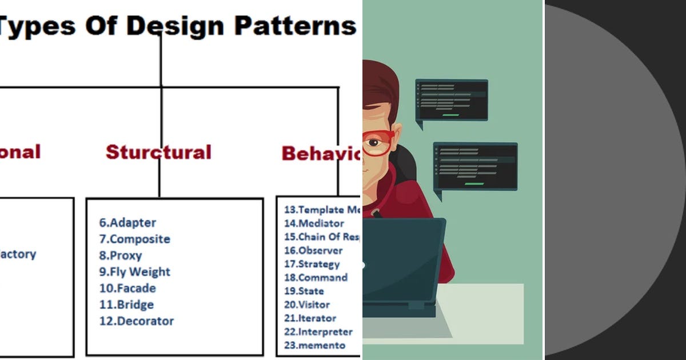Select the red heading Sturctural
(x=158, y=152)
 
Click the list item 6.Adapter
(x=127, y=223)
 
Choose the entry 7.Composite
(x=134, y=239)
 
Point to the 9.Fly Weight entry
(x=134, y=272)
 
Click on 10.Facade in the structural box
(x=127, y=288)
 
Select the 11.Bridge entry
(x=126, y=305)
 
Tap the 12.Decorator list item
(x=136, y=321)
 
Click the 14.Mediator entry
(x=314, y=223)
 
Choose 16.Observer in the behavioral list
(x=313, y=250)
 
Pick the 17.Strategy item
(x=312, y=264)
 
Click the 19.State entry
(x=304, y=291)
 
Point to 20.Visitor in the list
(x=306, y=305)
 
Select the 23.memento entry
(x=314, y=345)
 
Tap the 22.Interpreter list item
(x=318, y=331)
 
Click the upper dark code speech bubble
(x=452, y=100)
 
